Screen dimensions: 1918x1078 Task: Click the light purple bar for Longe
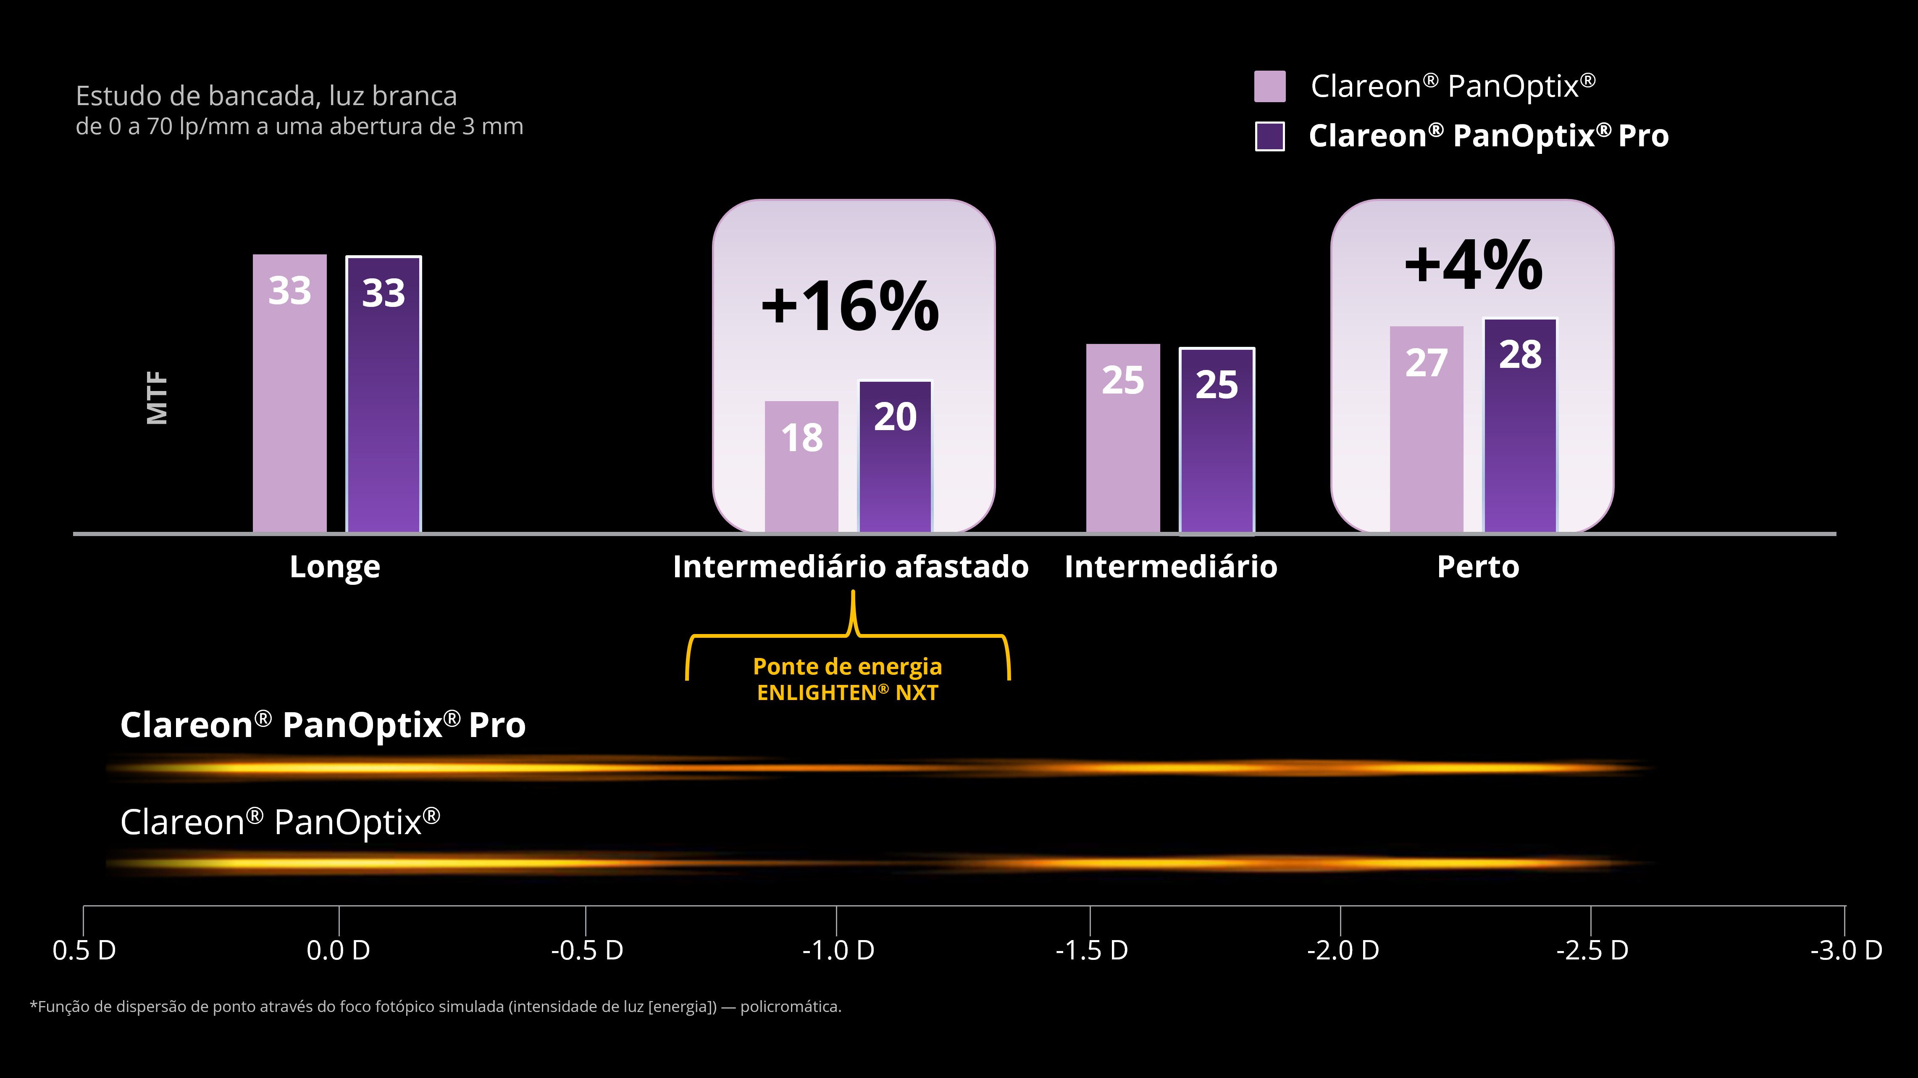[x=290, y=394]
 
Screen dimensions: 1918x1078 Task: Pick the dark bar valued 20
[x=896, y=457]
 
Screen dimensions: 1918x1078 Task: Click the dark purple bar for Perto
[x=1520, y=425]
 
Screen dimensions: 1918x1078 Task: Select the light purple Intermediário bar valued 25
[x=1123, y=438]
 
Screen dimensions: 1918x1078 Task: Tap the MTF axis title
[x=157, y=398]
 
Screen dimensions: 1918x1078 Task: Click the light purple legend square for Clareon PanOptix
[x=1269, y=87]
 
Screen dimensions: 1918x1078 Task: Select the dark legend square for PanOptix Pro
[x=1269, y=136]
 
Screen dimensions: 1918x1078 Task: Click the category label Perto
[x=1478, y=567]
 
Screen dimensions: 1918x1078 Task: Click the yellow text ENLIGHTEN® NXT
[x=847, y=693]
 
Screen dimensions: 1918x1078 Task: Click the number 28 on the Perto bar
[x=1520, y=354]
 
